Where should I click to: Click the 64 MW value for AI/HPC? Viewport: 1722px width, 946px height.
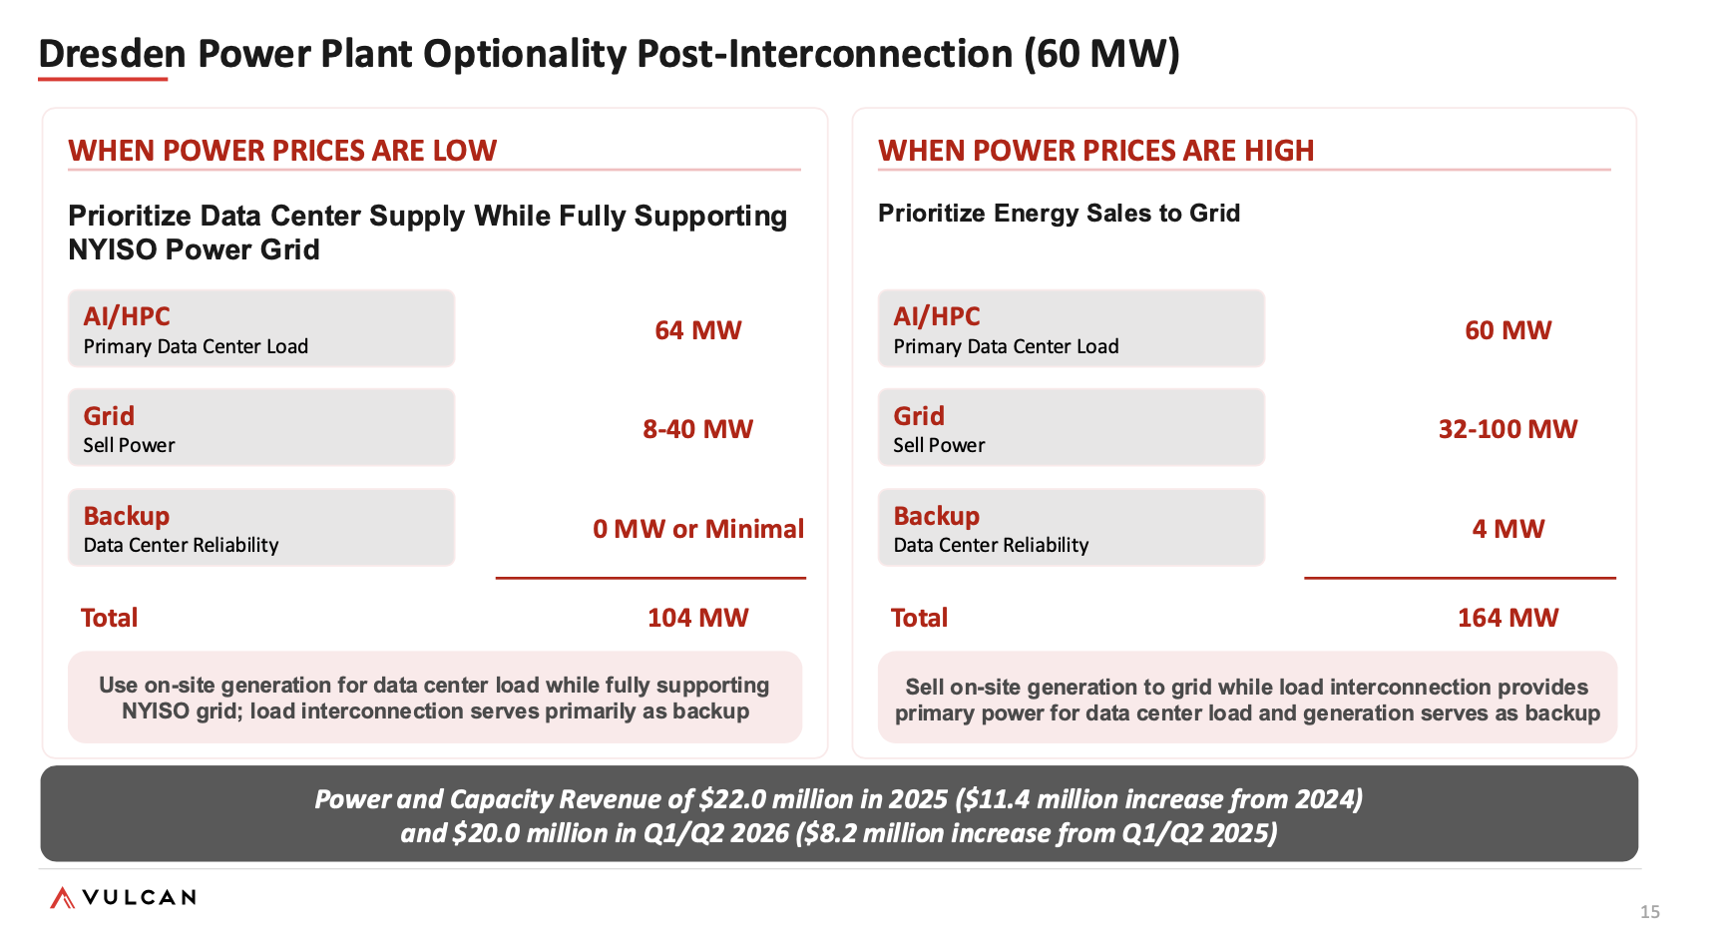pos(697,330)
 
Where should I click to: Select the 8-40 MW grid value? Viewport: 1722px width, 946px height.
pos(697,429)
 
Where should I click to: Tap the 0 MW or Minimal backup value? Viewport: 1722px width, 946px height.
pos(698,529)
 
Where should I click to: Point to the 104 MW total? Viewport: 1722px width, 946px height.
pos(697,618)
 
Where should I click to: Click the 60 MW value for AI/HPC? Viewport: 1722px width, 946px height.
pos(1507,330)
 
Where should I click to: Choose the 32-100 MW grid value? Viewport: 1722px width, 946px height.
pos(1507,429)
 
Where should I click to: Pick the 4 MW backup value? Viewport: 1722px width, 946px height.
pos(1507,529)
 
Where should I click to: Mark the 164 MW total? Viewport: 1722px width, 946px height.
pos(1507,618)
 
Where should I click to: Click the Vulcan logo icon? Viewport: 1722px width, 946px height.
pos(62,898)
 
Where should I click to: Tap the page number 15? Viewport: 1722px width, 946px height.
pos(1650,912)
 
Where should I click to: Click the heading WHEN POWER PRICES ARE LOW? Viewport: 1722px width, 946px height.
pos(282,151)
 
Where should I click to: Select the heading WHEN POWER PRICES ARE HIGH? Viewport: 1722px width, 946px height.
pos(1095,151)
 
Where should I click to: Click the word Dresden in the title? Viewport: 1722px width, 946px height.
pos(113,54)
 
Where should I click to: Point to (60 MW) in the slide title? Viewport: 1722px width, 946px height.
pos(1101,54)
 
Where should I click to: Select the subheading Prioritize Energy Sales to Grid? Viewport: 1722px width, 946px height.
pos(1059,214)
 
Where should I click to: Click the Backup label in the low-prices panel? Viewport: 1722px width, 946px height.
pos(127,516)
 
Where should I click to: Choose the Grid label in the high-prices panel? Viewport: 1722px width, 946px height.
pos(919,416)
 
